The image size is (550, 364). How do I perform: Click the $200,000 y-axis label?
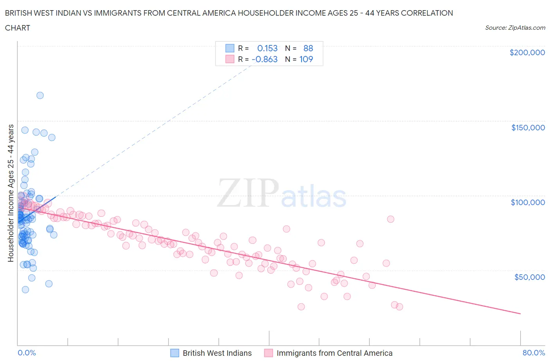click(527, 52)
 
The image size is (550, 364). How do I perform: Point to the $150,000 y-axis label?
click(528, 128)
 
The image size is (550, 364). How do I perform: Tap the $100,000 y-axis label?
click(528, 202)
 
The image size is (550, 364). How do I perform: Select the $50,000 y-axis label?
click(529, 277)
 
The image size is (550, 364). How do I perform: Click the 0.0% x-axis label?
click(27, 353)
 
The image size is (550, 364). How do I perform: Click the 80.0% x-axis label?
click(534, 353)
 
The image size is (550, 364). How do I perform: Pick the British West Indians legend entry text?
click(217, 353)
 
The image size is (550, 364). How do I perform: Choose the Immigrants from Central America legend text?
click(334, 353)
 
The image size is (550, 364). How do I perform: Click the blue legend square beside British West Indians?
click(174, 353)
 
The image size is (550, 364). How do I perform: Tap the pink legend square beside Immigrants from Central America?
click(268, 353)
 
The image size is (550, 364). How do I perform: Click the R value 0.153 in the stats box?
click(267, 48)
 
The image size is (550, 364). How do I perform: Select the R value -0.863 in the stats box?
click(265, 59)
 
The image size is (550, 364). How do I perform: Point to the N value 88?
click(308, 48)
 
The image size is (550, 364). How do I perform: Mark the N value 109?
click(306, 59)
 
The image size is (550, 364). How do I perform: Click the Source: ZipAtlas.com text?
click(515, 27)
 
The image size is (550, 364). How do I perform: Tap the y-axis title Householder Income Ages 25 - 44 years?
click(11, 193)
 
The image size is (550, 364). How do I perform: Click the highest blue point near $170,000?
click(40, 96)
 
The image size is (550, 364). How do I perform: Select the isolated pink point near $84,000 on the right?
click(390, 219)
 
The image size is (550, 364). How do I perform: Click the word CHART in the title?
click(18, 28)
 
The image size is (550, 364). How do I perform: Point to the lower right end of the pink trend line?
click(520, 314)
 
